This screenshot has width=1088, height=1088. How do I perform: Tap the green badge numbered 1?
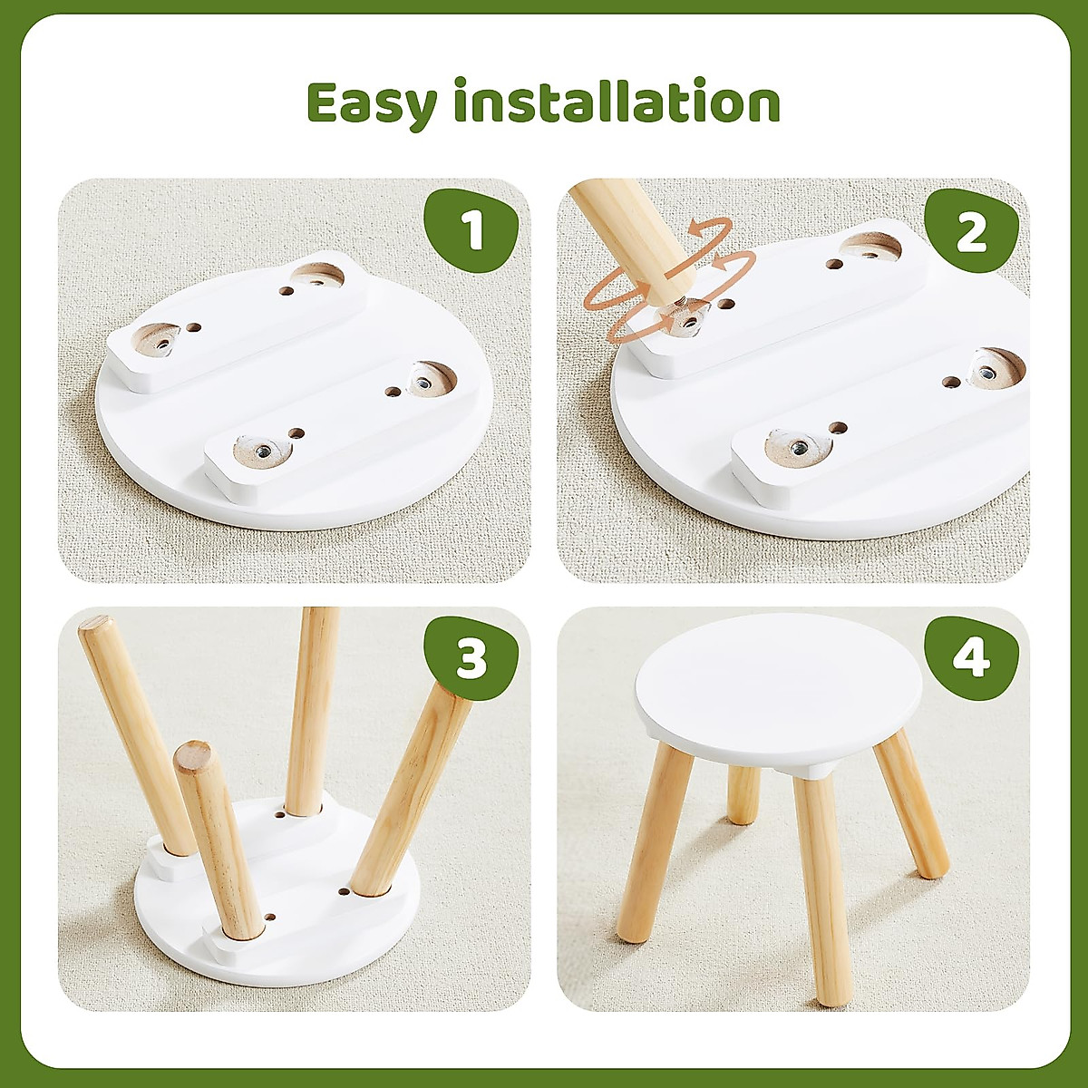(471, 231)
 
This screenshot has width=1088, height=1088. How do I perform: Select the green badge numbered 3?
(471, 659)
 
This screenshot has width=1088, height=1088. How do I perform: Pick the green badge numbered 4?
(971, 657)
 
